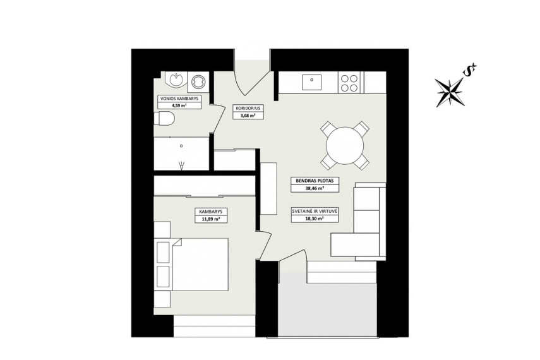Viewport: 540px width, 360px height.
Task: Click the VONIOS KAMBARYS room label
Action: (179, 99)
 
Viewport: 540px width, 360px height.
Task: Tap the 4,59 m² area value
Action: (179, 105)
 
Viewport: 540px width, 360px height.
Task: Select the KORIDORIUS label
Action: (248, 109)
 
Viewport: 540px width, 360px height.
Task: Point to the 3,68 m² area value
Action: (248, 116)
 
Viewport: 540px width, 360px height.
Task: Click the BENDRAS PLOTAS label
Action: (315, 181)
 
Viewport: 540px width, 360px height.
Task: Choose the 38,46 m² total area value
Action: (315, 188)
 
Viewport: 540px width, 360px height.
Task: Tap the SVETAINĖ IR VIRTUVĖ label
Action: (315, 212)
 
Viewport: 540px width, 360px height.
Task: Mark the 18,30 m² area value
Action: (315, 219)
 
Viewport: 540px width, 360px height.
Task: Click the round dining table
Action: (345, 145)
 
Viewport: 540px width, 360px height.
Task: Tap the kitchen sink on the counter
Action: (311, 83)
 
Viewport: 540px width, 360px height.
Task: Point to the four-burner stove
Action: (349, 83)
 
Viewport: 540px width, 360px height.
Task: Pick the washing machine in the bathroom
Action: (199, 82)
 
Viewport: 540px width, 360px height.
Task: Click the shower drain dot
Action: (181, 146)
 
